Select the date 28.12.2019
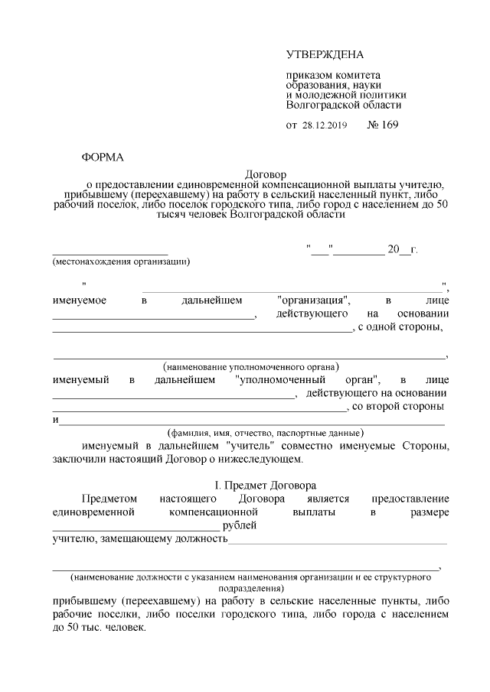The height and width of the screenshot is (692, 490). (325, 125)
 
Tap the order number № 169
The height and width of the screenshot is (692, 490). (384, 124)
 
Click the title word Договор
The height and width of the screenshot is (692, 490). (265, 174)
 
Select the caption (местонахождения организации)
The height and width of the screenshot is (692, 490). (121, 262)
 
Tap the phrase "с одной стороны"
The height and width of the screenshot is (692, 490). (401, 328)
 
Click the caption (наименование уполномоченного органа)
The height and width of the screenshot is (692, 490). (251, 366)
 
